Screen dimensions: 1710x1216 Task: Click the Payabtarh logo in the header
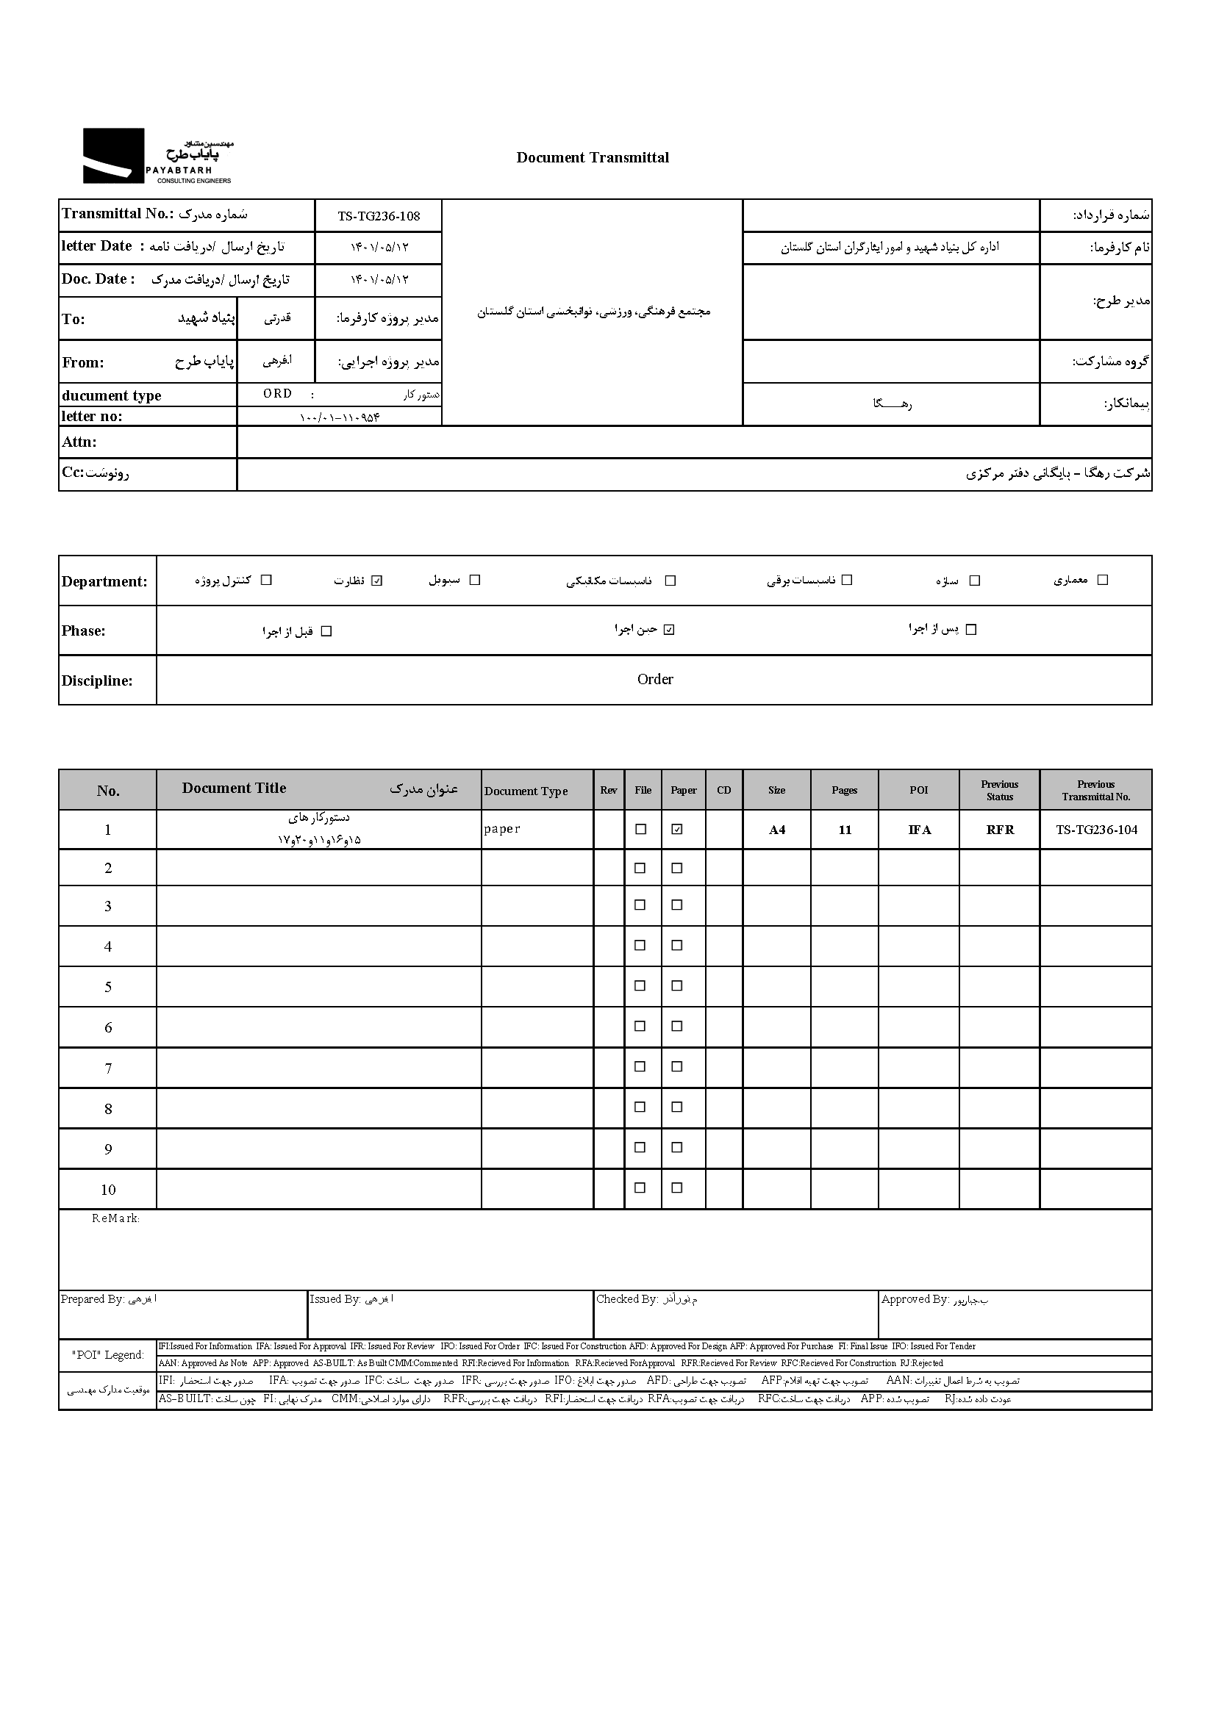(157, 157)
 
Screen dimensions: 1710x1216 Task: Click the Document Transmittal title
(593, 158)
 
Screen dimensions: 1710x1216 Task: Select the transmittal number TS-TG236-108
(378, 216)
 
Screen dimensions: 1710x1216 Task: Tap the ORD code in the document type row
(278, 394)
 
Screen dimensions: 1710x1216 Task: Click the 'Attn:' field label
(79, 442)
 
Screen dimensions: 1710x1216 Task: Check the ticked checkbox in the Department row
(376, 581)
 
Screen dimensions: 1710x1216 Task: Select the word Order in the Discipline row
(655, 680)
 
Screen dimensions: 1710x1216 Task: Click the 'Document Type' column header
(526, 791)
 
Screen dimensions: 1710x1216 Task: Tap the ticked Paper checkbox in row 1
(678, 829)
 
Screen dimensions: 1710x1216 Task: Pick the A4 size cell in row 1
(777, 830)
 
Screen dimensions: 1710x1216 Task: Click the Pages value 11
(845, 830)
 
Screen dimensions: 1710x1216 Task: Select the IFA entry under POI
(920, 830)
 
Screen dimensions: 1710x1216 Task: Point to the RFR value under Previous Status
(1000, 830)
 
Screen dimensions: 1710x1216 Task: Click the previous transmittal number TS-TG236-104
(1096, 830)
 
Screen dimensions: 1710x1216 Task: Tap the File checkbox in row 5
(640, 985)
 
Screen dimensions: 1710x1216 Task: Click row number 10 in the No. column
(108, 1190)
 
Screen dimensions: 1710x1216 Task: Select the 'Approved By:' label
(915, 1299)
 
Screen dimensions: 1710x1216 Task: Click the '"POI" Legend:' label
(108, 1355)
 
